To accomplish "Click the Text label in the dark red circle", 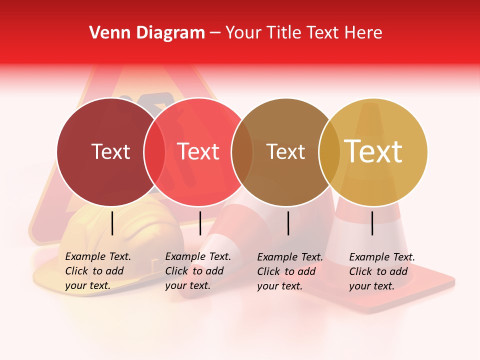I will click(110, 151).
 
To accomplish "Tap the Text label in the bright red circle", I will click(198, 151).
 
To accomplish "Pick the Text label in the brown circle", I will click(285, 151).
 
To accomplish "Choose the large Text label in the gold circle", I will click(373, 151).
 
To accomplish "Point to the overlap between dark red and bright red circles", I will click(154, 151).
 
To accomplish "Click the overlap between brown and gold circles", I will click(329, 151).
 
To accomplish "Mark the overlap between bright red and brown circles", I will click(242, 151).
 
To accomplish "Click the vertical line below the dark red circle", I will click(112, 223).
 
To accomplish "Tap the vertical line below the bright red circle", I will click(200, 223).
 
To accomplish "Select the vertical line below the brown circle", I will click(288, 223).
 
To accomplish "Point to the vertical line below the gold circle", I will click(372, 223).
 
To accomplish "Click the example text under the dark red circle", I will click(98, 271).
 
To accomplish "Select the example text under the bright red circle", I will click(198, 271).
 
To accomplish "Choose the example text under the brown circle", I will click(290, 271).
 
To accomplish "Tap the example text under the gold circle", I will click(382, 271).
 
